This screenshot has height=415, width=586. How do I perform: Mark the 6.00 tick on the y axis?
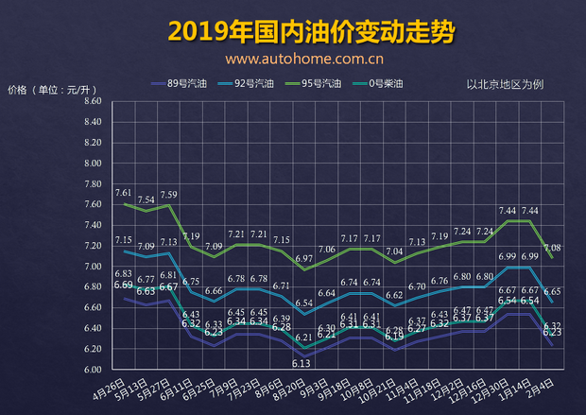(92, 370)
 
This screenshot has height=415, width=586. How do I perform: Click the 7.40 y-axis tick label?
(92, 225)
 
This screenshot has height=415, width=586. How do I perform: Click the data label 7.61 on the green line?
(124, 193)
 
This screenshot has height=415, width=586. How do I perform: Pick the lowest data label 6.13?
(302, 363)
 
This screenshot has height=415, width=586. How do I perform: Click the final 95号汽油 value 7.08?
(552, 248)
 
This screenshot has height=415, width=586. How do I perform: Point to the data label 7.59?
(169, 195)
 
